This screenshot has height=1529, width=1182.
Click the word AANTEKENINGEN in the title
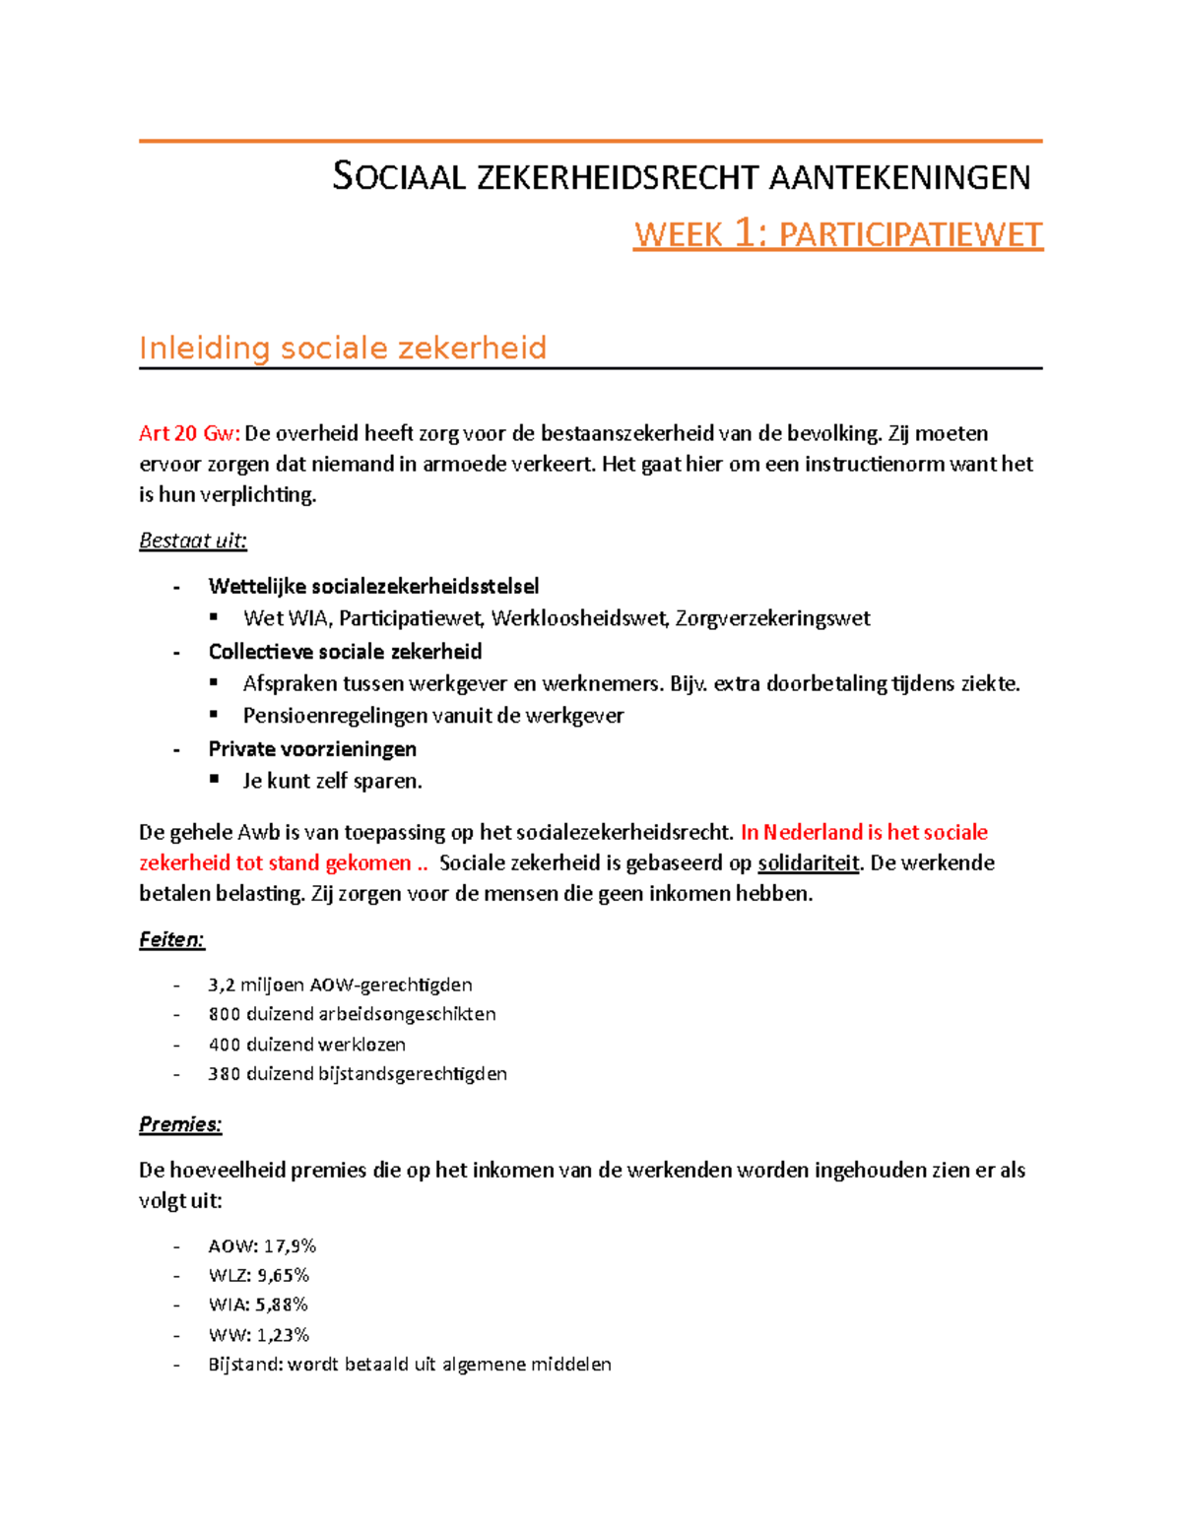tap(898, 178)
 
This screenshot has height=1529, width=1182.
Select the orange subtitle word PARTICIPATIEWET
tap(910, 235)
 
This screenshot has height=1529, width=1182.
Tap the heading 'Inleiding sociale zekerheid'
tap(342, 348)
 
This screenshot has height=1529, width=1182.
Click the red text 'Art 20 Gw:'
tap(189, 433)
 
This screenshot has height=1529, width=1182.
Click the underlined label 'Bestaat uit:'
tap(193, 541)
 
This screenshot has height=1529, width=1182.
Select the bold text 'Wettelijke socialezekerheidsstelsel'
tap(373, 587)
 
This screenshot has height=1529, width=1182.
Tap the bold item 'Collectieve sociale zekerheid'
tap(345, 652)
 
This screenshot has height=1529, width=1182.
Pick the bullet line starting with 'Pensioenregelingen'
tap(432, 716)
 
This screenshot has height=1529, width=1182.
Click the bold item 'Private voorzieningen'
tap(312, 749)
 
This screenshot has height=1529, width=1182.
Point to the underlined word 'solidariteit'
tap(809, 863)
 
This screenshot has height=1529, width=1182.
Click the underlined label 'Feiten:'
tap(171, 940)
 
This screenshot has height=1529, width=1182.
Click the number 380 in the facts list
tap(225, 1074)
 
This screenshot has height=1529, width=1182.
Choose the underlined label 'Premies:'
tap(180, 1124)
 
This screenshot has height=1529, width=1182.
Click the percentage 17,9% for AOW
tap(290, 1246)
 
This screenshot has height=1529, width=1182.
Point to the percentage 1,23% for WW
tap(283, 1335)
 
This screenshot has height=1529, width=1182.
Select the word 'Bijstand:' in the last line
tap(245, 1365)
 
